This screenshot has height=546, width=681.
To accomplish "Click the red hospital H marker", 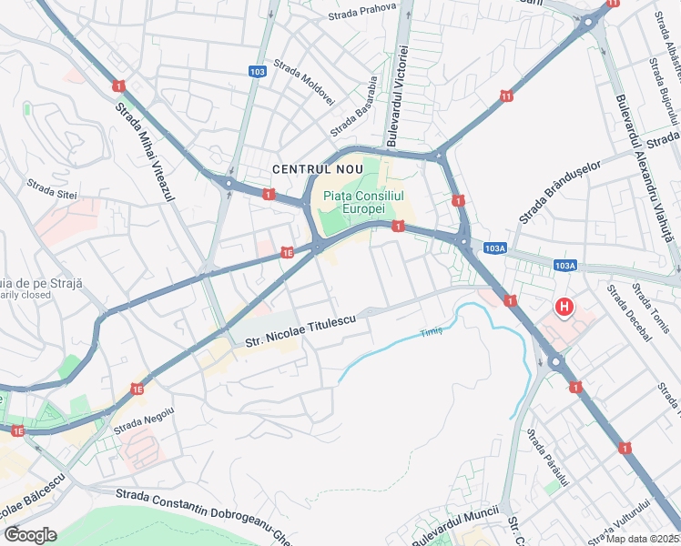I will pos(564,308).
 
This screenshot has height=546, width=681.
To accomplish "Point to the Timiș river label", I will pos(431,332).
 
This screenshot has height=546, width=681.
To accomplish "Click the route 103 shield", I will pos(258,71).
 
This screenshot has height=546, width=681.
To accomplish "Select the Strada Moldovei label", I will pos(304,82).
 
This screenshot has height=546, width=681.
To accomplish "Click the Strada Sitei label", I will pos(52,189).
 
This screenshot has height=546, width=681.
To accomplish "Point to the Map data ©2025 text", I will pos(642,539).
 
